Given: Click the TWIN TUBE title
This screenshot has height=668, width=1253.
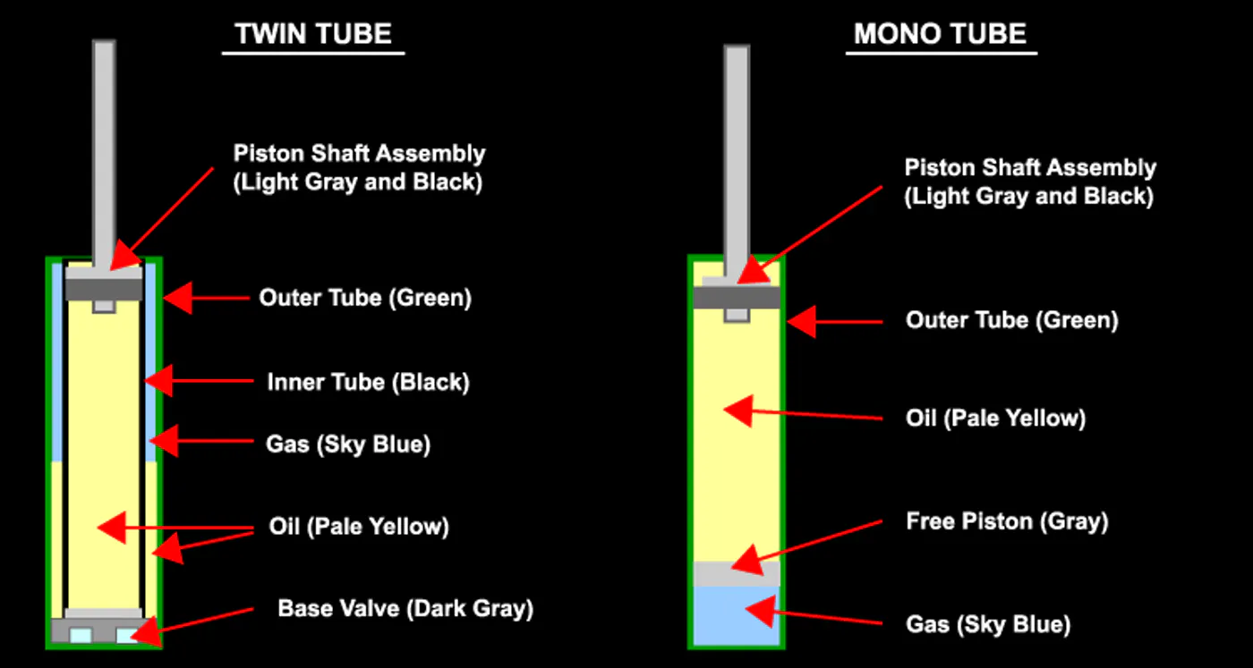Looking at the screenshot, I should (x=313, y=34).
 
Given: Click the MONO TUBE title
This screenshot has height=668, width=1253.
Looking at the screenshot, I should (x=940, y=34).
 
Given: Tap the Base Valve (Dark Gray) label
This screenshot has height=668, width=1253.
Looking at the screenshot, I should (x=405, y=609).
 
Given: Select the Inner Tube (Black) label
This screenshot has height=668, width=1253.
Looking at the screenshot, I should (x=368, y=383).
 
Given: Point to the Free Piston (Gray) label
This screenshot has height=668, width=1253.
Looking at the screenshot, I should (x=1007, y=521).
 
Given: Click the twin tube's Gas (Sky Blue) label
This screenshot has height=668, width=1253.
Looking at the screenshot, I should (x=348, y=444).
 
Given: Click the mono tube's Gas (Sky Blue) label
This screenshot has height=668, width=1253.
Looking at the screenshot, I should (x=988, y=623).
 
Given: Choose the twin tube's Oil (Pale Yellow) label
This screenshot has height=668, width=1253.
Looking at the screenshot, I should (x=359, y=527).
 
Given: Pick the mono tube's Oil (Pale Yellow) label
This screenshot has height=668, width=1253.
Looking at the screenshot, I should (x=995, y=418).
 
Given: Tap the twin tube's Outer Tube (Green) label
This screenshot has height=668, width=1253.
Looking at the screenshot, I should (x=365, y=297).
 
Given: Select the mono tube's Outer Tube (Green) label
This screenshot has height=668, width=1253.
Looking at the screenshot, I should (x=1011, y=319).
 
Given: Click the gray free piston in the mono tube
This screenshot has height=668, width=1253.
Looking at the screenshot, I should (x=737, y=573).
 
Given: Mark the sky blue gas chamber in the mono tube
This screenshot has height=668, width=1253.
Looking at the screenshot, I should (x=736, y=617).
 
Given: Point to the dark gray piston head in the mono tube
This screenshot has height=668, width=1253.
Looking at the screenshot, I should (x=737, y=297).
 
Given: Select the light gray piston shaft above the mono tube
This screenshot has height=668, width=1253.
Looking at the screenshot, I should (x=737, y=152).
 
